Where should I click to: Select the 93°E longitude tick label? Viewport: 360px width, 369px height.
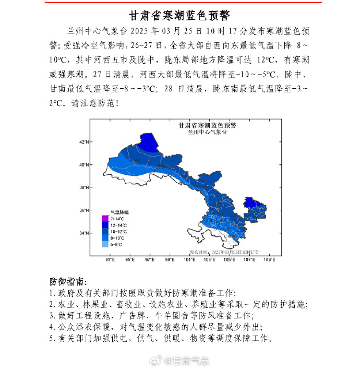110,259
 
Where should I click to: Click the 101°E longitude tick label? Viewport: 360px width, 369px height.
190,259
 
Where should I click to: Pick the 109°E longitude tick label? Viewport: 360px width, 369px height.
270,259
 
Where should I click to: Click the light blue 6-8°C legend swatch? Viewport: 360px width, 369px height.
104,244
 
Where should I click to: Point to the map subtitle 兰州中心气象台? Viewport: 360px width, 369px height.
207,133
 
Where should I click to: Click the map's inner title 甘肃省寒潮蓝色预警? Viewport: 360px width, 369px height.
207,126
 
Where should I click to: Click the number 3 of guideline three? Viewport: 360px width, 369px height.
52,316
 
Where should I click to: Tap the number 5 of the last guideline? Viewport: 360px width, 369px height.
52,339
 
